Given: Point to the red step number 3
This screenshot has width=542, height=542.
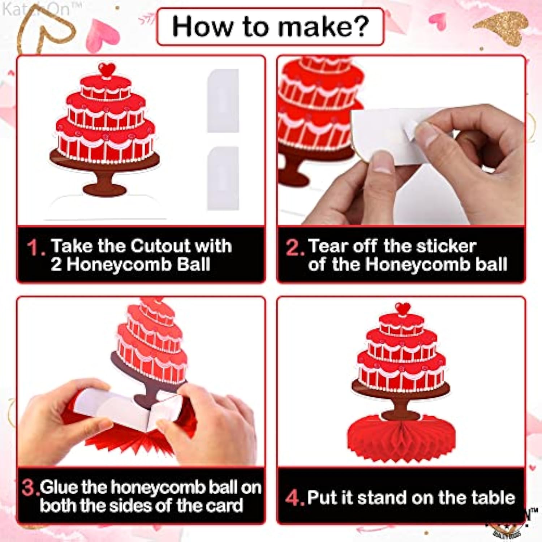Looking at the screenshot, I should tap(29, 487).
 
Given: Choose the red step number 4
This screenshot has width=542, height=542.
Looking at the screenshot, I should tap(293, 498).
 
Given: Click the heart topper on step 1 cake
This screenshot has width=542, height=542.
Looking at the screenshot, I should tap(107, 69).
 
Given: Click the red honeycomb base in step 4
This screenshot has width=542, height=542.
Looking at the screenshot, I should tap(401, 439).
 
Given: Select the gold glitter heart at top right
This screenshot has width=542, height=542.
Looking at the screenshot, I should tap(504, 27).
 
